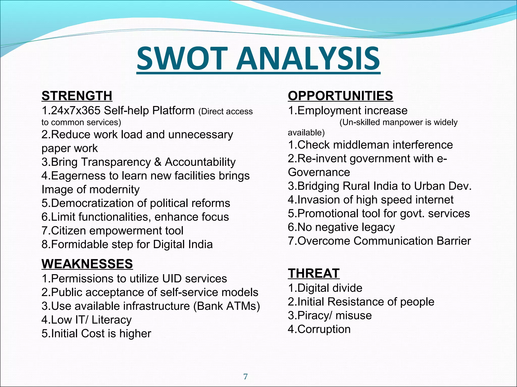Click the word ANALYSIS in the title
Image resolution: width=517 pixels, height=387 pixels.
click(x=308, y=58)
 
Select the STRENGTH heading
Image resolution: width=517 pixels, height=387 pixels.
click(x=77, y=96)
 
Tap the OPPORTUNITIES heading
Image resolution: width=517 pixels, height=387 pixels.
click(x=340, y=96)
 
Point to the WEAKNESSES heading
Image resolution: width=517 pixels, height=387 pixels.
click(x=87, y=264)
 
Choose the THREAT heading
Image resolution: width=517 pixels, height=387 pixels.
click(x=314, y=274)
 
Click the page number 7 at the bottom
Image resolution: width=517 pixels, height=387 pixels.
click(x=245, y=377)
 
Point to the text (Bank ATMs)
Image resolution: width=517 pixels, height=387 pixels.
click(x=227, y=306)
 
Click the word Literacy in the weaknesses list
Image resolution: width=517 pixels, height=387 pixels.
click(x=111, y=320)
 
